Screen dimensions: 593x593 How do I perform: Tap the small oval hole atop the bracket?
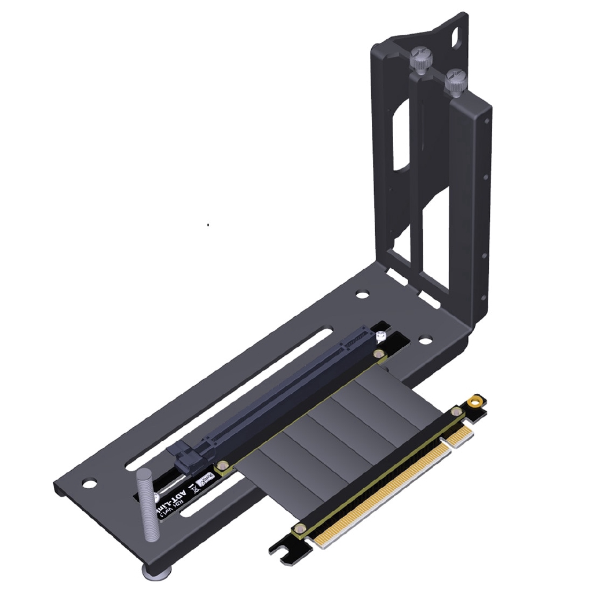click(x=458, y=36)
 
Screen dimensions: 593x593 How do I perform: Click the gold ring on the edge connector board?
click(x=475, y=400)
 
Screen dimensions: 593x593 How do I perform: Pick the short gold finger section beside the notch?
click(x=460, y=436)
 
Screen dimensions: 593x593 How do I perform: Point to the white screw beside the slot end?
click(x=380, y=336)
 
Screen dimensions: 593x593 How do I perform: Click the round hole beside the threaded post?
click(x=89, y=482)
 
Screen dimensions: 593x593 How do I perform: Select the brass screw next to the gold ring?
click(x=457, y=412)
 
